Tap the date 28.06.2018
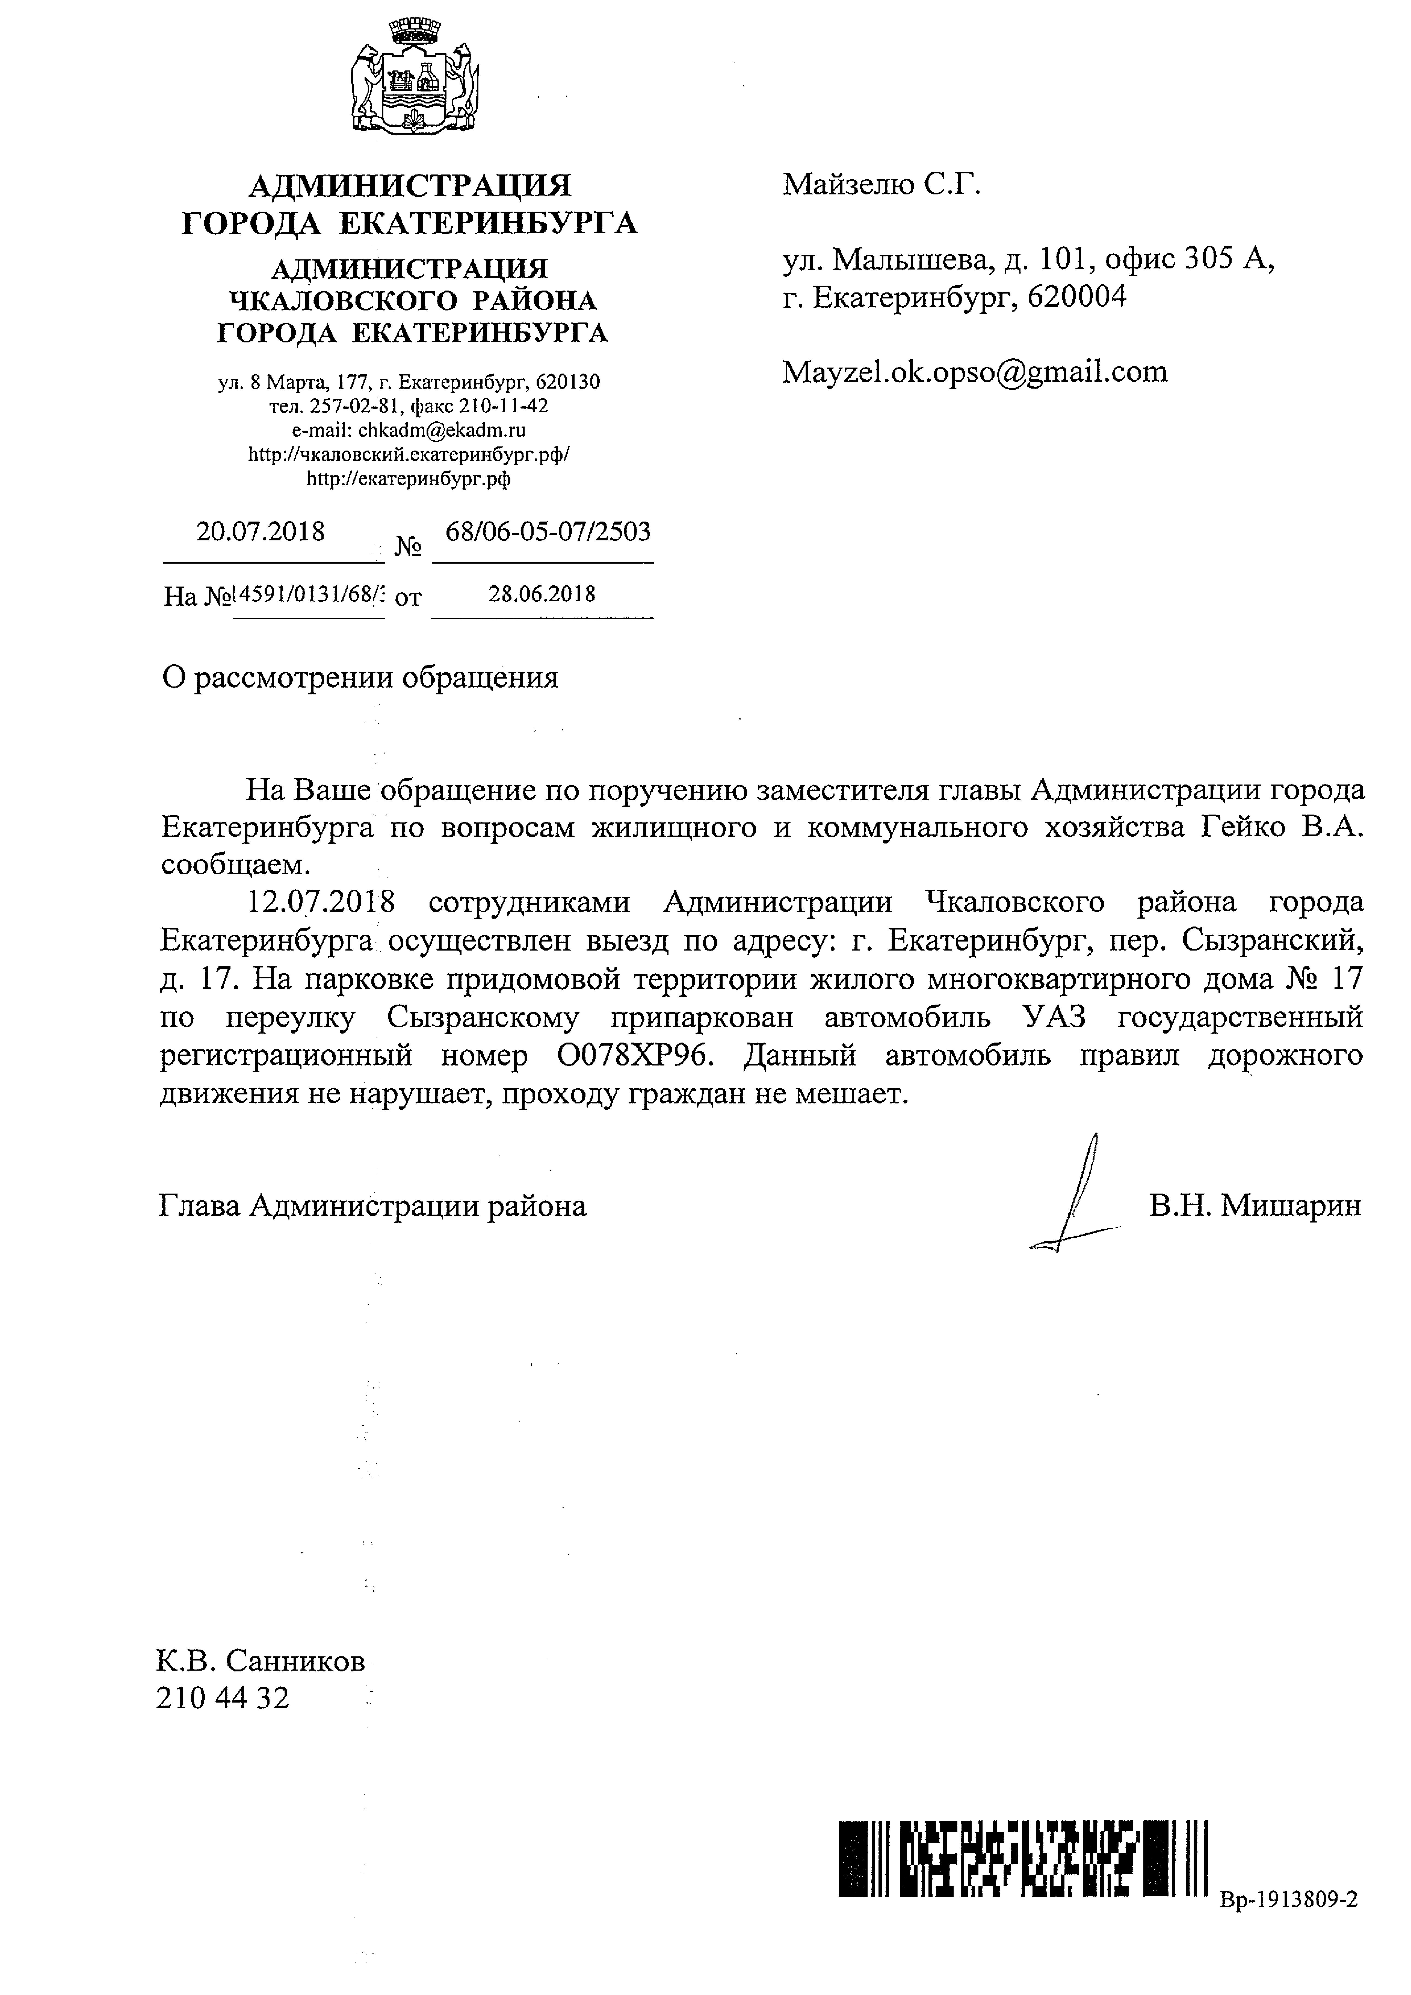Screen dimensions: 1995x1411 pyautogui.click(x=542, y=594)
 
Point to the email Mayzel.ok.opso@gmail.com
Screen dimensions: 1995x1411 pyautogui.click(x=975, y=372)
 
